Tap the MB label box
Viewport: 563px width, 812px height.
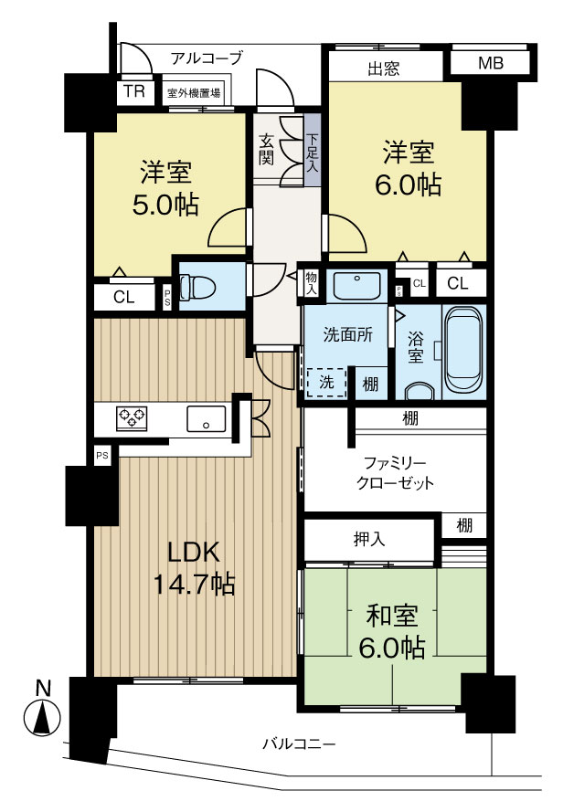tap(490, 63)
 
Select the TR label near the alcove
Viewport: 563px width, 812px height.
tap(134, 91)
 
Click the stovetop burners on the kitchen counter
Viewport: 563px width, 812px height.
tap(132, 418)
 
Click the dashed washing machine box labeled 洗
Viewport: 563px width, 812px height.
tap(326, 383)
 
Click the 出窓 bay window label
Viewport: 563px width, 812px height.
tap(385, 67)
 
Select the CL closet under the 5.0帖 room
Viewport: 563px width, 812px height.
tap(124, 296)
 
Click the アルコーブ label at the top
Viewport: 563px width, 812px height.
tap(207, 58)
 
